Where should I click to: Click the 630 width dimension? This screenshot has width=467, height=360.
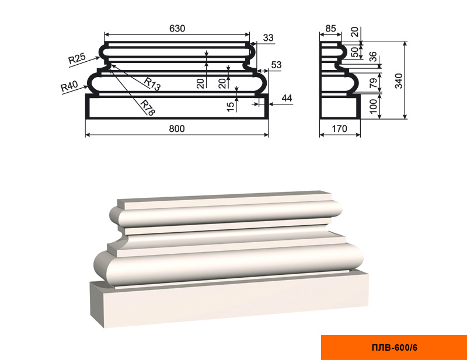(177, 28)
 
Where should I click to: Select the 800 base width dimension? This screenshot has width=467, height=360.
(177, 128)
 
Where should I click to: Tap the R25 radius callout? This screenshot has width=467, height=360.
(77, 58)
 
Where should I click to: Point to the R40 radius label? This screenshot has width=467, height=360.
(69, 86)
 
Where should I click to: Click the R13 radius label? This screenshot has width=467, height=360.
(152, 84)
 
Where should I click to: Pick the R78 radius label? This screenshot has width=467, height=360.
(148, 108)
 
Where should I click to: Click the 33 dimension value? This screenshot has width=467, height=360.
(269, 38)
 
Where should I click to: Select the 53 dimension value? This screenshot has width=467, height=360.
(276, 65)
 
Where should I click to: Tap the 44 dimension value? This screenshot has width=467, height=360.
(287, 98)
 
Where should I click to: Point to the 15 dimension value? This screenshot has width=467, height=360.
(231, 107)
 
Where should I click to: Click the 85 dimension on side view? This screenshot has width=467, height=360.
(330, 29)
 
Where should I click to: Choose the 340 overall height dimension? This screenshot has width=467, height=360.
(399, 81)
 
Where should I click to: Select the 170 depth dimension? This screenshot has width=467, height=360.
(340, 128)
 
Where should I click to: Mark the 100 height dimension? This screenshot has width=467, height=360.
(373, 106)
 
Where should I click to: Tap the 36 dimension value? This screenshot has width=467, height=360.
(373, 57)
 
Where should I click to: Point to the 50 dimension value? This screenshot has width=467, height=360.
(355, 52)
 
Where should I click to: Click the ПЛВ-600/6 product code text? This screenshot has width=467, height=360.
(395, 348)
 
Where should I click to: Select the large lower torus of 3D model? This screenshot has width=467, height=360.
(228, 265)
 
